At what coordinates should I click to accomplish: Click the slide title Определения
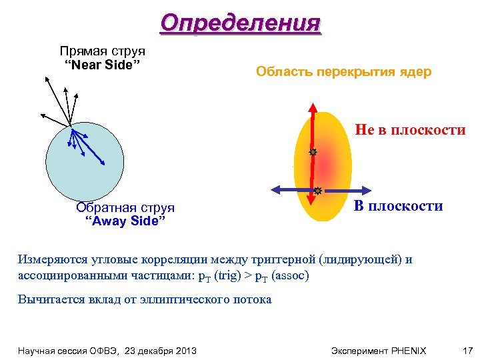(x=240, y=23)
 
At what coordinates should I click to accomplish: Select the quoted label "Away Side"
(x=127, y=221)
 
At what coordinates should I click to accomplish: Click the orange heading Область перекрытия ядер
(x=344, y=72)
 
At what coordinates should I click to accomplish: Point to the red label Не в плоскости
(x=409, y=130)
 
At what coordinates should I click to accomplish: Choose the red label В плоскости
(x=398, y=206)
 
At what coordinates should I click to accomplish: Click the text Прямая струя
(x=102, y=51)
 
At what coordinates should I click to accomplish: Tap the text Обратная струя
(x=125, y=208)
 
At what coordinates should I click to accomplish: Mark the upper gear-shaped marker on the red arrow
(x=312, y=153)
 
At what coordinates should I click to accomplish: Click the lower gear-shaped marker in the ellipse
(x=318, y=191)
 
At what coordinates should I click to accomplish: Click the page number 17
(x=467, y=350)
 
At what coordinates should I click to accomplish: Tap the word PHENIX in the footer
(x=408, y=350)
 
